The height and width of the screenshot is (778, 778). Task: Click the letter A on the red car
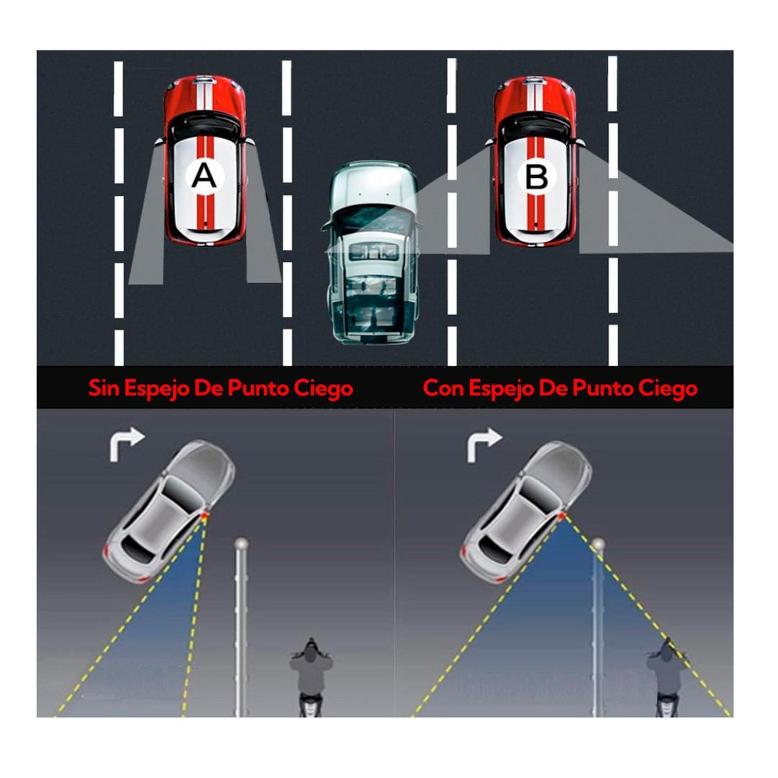pyautogui.click(x=204, y=176)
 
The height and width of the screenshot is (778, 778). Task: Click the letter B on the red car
pyautogui.click(x=536, y=177)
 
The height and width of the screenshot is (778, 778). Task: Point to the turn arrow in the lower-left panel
pyautogui.click(x=126, y=444)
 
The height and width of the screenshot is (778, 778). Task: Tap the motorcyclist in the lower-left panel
pyautogui.click(x=310, y=677)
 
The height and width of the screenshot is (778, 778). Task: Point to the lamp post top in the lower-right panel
pyautogui.click(x=598, y=545)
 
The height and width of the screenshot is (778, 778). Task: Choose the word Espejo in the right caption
pyautogui.click(x=501, y=388)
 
